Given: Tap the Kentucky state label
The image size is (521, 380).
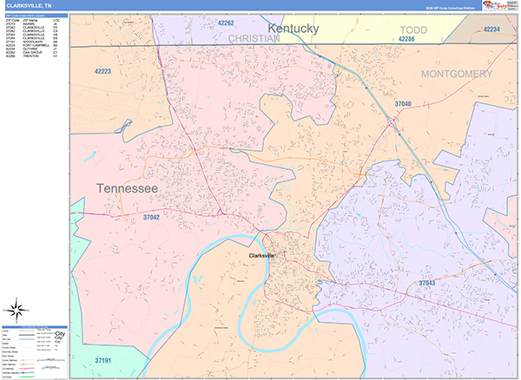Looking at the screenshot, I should click(x=293, y=29).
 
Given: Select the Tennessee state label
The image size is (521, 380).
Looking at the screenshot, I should click(x=127, y=188).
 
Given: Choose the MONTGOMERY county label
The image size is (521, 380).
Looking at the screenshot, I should click(x=456, y=75).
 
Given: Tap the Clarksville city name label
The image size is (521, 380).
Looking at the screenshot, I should click(x=261, y=256).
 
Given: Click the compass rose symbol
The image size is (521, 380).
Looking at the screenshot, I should click(x=16, y=309).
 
